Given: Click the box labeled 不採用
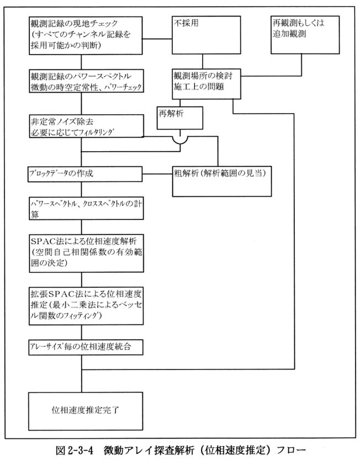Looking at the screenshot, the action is [x=206, y=35].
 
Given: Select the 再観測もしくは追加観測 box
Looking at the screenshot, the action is [x=305, y=35].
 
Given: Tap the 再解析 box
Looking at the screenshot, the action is [x=179, y=118].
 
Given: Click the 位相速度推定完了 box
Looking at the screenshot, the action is [x=86, y=411].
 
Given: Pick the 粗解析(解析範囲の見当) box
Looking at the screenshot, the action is [x=222, y=181].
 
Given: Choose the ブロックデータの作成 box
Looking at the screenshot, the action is [x=85, y=174].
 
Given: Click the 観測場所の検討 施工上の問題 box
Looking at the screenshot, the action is [x=206, y=84].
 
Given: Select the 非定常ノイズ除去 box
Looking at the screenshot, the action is [x=86, y=126].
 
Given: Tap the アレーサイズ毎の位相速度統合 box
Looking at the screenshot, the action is [x=86, y=347].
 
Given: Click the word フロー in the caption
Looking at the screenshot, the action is [x=292, y=450].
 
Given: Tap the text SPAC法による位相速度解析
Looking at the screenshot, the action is [x=84, y=241].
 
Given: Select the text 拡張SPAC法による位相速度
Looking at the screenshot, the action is [x=86, y=293].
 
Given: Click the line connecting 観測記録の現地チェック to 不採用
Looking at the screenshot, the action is [x=157, y=39].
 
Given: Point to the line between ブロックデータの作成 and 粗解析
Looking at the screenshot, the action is [x=157, y=174].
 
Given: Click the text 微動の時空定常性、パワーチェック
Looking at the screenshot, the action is [x=86, y=87].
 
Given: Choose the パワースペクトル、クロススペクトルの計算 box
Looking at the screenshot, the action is [x=86, y=208].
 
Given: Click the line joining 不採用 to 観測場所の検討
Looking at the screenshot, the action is [x=203, y=62].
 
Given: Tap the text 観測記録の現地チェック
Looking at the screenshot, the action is [x=74, y=23].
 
